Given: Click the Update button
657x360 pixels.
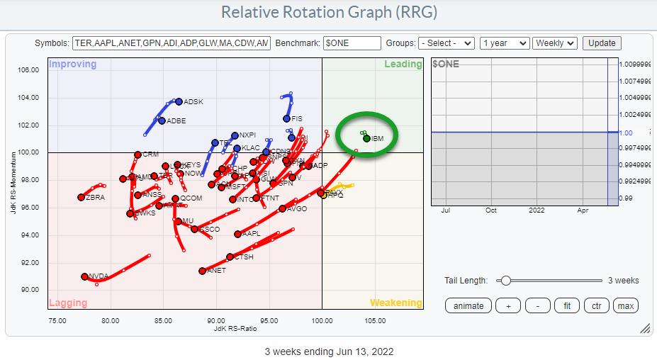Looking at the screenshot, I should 602,43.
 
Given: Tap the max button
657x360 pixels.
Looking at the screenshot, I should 625,306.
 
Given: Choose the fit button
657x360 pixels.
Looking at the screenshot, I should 566,306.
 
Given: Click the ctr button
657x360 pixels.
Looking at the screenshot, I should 596,306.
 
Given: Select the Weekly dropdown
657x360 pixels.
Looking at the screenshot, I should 555,43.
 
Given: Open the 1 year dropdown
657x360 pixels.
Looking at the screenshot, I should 504,43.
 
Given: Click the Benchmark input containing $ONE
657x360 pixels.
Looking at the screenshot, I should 352,43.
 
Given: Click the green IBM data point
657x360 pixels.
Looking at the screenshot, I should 366,138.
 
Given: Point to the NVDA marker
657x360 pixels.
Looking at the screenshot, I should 84,276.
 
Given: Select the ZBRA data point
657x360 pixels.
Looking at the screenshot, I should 82,198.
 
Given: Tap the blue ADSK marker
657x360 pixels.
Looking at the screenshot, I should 179,101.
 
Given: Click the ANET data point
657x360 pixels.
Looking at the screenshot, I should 203,271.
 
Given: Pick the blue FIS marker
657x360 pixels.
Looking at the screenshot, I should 287,118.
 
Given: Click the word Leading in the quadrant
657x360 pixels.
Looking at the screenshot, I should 403,64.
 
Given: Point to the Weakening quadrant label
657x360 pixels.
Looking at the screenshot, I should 395,303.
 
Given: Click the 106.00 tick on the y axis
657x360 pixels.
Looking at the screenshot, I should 28,69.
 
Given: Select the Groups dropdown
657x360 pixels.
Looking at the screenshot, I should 446,43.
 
